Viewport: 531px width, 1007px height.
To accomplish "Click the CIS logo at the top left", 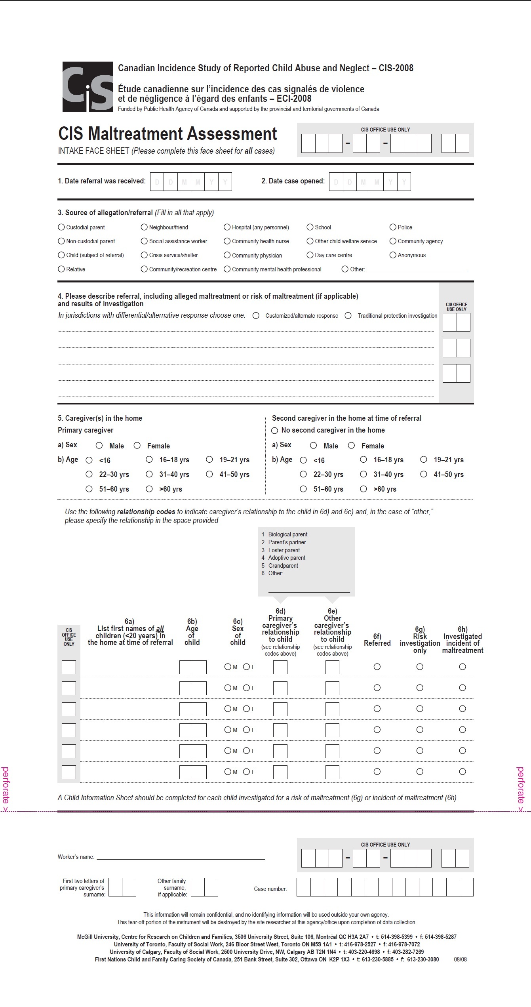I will pos(88,86).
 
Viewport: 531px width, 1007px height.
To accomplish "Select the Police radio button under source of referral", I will pos(393,227).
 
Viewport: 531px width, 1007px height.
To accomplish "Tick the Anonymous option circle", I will pos(393,255).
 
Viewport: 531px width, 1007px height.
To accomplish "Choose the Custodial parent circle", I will pos(61,227).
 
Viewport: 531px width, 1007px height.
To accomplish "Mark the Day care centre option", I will pos(310,255).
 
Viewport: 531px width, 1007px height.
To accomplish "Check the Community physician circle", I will pos(227,255).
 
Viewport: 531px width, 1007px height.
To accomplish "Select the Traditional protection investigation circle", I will pos(348,316).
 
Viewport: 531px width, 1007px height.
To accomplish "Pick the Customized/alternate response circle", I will pos(256,316).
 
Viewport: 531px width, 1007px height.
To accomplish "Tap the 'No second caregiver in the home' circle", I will pos(274,431).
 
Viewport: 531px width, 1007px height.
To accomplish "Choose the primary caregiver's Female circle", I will pos(137,446).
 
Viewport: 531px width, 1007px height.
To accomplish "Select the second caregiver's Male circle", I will pos(313,446).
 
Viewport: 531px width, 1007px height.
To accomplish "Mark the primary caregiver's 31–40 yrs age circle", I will pos(149,474).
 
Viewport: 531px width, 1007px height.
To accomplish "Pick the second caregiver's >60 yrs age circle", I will pos(364,489).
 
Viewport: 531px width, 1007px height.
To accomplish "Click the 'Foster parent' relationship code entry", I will pos(284,550).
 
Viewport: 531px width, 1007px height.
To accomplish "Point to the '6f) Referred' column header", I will pos(377,640).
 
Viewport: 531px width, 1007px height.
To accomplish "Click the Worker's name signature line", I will pos(181,857).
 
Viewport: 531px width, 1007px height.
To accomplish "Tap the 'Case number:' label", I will pos(270,889).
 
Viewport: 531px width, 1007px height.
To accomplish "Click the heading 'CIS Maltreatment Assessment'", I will pos(167,134).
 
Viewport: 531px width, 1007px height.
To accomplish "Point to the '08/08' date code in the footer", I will pos(460,959).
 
